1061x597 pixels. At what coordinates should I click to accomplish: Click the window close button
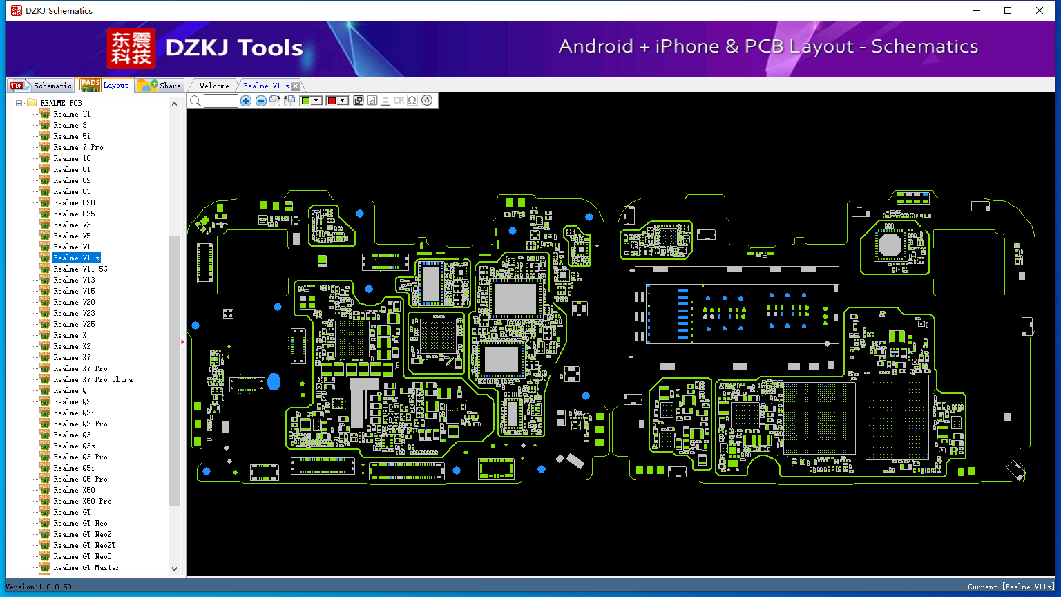click(x=1039, y=10)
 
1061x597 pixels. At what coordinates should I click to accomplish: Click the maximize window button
click(x=1008, y=10)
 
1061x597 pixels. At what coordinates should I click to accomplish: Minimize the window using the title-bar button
click(x=976, y=10)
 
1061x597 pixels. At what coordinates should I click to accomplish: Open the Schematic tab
click(x=41, y=85)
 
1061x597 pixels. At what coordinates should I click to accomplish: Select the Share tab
click(x=159, y=85)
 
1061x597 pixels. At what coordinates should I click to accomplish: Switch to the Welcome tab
click(x=214, y=86)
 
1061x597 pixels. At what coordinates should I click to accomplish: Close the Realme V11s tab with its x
click(x=295, y=86)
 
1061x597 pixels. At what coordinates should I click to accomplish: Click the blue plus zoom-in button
click(x=245, y=100)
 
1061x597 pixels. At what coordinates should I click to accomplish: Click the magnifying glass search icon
click(x=195, y=100)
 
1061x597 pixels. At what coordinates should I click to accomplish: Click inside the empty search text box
click(x=221, y=100)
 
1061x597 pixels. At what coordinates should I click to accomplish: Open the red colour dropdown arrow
click(x=343, y=100)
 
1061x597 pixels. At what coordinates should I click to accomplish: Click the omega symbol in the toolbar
click(x=412, y=100)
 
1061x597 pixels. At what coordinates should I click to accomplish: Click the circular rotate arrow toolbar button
click(x=427, y=100)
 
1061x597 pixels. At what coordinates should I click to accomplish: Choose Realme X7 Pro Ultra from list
click(x=93, y=379)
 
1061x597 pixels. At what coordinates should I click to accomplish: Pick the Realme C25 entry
click(x=74, y=214)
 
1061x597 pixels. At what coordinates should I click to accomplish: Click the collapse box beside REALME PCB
click(x=19, y=103)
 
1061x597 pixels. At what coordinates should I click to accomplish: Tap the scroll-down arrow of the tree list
click(x=174, y=569)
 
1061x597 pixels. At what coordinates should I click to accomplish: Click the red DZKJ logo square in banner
click(x=131, y=48)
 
